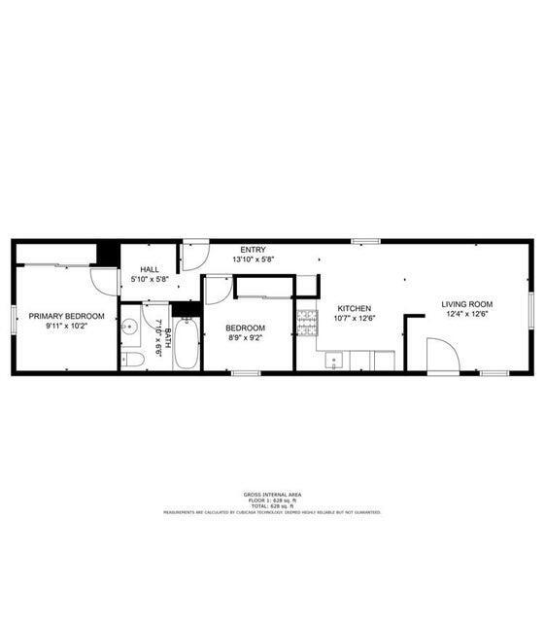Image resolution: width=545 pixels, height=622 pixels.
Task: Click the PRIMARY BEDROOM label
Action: click(66, 316)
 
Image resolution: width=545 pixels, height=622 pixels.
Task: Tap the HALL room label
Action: click(150, 269)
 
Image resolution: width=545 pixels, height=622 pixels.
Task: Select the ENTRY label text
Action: click(253, 250)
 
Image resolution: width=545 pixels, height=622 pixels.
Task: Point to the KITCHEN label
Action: click(354, 308)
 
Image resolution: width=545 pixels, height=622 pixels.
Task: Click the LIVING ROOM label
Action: click(466, 304)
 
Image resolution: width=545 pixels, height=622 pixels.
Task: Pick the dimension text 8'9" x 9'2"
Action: click(245, 339)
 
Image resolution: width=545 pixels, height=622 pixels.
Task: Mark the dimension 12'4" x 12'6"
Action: click(466, 314)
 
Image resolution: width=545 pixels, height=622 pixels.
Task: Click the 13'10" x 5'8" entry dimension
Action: click(253, 259)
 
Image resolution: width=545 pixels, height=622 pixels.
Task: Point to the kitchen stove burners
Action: click(307, 322)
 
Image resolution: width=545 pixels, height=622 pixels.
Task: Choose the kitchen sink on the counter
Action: click(333, 361)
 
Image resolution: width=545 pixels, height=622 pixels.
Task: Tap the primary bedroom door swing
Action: click(104, 279)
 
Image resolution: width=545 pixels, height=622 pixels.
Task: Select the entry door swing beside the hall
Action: click(194, 256)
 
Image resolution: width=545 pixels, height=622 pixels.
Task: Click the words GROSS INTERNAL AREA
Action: click(271, 495)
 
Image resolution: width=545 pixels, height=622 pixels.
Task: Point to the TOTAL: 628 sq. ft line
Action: click(271, 506)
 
